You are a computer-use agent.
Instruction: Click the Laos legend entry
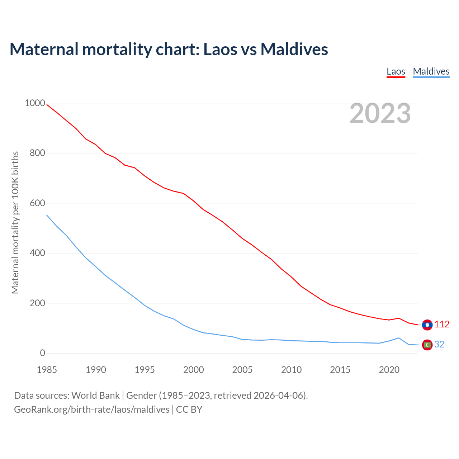(x=396, y=71)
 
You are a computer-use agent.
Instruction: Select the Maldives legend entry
(x=431, y=71)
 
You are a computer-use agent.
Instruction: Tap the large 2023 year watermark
(x=380, y=113)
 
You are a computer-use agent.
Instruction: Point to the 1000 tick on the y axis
(x=35, y=103)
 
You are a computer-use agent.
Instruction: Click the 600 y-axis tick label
(x=37, y=203)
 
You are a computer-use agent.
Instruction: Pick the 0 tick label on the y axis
(x=43, y=353)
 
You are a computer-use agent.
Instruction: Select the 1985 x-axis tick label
(x=47, y=370)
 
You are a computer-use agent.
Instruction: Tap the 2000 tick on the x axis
(x=194, y=370)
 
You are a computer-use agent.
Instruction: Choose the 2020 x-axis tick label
(x=389, y=370)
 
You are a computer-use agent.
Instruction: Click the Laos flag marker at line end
(x=427, y=325)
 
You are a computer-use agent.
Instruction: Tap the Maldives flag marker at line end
(x=427, y=345)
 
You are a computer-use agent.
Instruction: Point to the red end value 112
(x=442, y=325)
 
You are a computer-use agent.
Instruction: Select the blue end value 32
(x=439, y=345)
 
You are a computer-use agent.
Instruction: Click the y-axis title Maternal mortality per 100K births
(x=15, y=222)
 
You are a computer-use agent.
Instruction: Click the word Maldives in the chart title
(x=294, y=49)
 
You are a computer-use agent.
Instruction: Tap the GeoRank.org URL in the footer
(x=91, y=410)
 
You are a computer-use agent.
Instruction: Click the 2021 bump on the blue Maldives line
(x=399, y=338)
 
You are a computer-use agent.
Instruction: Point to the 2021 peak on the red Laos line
(x=399, y=318)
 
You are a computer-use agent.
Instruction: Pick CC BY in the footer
(x=189, y=410)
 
